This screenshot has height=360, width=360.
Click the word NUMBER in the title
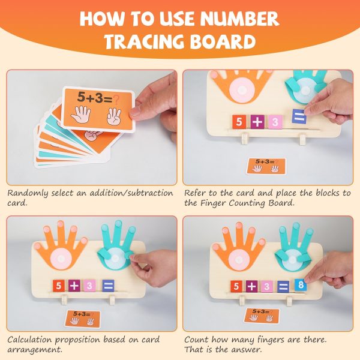(x=239, y=19)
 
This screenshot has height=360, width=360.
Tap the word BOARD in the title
(x=223, y=41)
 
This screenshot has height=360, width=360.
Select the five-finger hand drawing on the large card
(x=80, y=114)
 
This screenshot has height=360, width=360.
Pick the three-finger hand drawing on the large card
(x=114, y=116)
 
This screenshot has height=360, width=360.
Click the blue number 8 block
(x=301, y=285)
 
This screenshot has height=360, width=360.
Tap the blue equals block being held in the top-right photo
(x=299, y=116)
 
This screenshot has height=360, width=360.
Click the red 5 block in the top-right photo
(x=239, y=122)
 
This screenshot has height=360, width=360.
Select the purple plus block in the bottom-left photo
(x=74, y=286)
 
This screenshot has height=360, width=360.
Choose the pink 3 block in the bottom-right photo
(x=267, y=286)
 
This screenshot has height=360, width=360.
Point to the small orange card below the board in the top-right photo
(x=266, y=166)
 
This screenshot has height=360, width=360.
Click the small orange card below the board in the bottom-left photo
(x=83, y=319)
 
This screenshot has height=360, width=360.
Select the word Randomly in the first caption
(x=28, y=193)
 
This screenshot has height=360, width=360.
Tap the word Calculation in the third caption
(x=29, y=340)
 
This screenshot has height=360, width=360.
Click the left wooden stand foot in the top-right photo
(x=245, y=139)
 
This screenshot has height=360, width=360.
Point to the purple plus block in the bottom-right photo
(x=252, y=286)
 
